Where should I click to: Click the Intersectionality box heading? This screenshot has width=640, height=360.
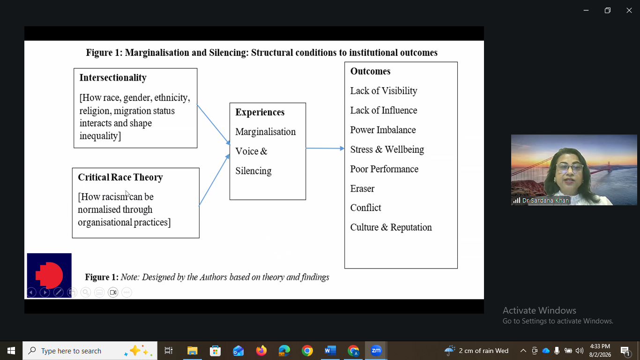pos(113,78)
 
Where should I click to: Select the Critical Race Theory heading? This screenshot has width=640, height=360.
pos(120,177)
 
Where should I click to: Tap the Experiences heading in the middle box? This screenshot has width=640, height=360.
pos(260,112)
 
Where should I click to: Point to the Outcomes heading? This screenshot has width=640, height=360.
pos(370,71)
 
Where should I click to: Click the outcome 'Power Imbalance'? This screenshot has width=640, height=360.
pos(383,130)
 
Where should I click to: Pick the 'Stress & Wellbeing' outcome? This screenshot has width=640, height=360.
pos(387,150)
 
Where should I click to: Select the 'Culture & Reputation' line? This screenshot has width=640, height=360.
pos(391,227)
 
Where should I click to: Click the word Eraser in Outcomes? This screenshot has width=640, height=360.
pos(362,189)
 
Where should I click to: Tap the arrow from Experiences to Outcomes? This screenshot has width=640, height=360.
pos(325,149)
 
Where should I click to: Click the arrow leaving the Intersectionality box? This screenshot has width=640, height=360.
pos(214,125)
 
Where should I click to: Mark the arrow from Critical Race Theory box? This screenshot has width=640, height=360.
pos(214,180)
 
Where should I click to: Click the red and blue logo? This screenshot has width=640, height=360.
pos(49,275)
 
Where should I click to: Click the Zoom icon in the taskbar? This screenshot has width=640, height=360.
pos(376,351)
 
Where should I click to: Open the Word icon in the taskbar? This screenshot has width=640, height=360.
pos(330,351)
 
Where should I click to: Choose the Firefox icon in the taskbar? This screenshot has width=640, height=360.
pos(261,351)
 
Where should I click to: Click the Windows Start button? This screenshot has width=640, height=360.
pos(11,351)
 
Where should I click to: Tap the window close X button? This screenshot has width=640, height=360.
pos(629,11)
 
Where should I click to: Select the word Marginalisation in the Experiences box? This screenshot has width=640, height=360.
pos(266,132)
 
